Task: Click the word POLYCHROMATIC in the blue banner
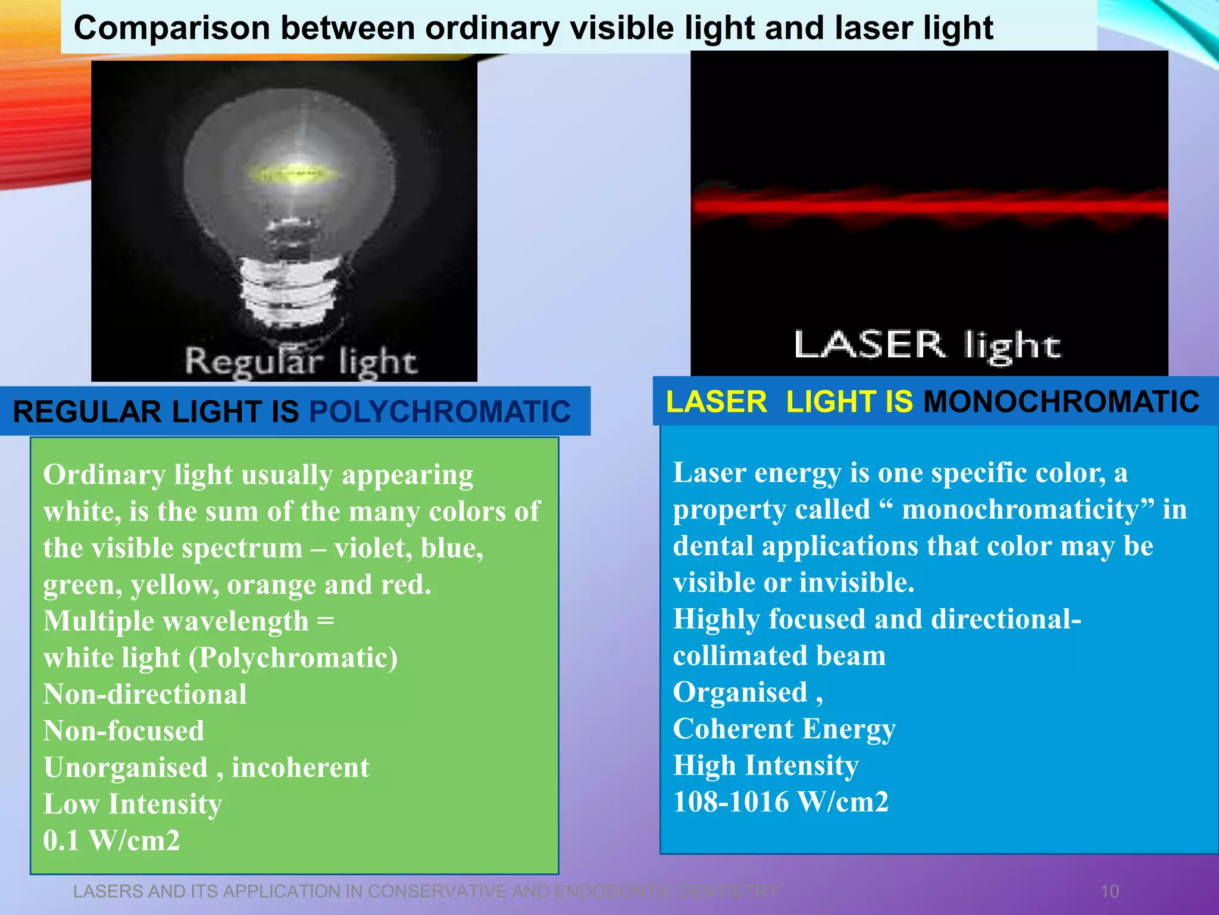tap(440, 412)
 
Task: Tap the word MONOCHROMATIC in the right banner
tap(1061, 402)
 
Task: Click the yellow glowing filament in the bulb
tap(293, 174)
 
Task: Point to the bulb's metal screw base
tap(286, 286)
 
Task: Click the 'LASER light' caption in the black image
tap(927, 346)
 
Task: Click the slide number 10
tap(1109, 891)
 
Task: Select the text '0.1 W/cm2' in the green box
tap(111, 841)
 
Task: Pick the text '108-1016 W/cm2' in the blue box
tap(780, 802)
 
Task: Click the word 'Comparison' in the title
tap(171, 28)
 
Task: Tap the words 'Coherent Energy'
tap(784, 729)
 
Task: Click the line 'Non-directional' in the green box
tap(145, 695)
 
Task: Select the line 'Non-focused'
tap(124, 731)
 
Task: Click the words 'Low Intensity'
tap(133, 804)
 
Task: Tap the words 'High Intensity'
tap(765, 765)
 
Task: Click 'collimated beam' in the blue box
tap(779, 656)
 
